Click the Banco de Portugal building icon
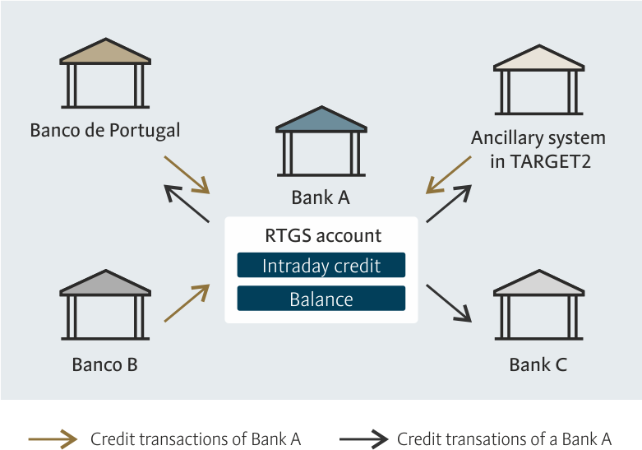coord(105,73)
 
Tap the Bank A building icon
coord(321,141)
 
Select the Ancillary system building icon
coord(538,80)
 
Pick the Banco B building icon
coord(105,304)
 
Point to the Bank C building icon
coord(538,304)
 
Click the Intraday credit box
coord(321,265)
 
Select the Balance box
coord(321,299)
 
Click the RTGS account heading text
coord(323,235)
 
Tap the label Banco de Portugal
coord(105,131)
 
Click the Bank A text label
coord(321,197)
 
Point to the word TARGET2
coord(551,161)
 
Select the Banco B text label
coord(105,364)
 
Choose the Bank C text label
coord(538,364)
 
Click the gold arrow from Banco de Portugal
coord(187,174)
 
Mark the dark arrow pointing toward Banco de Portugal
coord(187,204)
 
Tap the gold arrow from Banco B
coord(187,303)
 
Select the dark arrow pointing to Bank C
coord(449,303)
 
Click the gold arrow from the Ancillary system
coord(448,174)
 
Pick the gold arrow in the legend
coord(53,439)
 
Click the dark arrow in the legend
coord(363,439)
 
